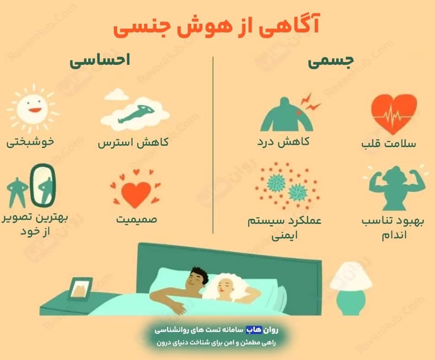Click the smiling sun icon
tap(33, 109)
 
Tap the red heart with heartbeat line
tap(394, 113)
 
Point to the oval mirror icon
tap(43, 185)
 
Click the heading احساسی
tap(100, 60)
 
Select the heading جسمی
tap(331, 61)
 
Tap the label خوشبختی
tap(30, 142)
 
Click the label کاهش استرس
tap(133, 142)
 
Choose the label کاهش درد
tap(283, 142)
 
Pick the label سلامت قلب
tap(389, 143)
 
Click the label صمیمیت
tap(136, 219)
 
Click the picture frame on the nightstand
tap(81, 289)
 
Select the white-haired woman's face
tap(225, 286)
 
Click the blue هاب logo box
tap(254, 329)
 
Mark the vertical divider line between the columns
tap(213, 145)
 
